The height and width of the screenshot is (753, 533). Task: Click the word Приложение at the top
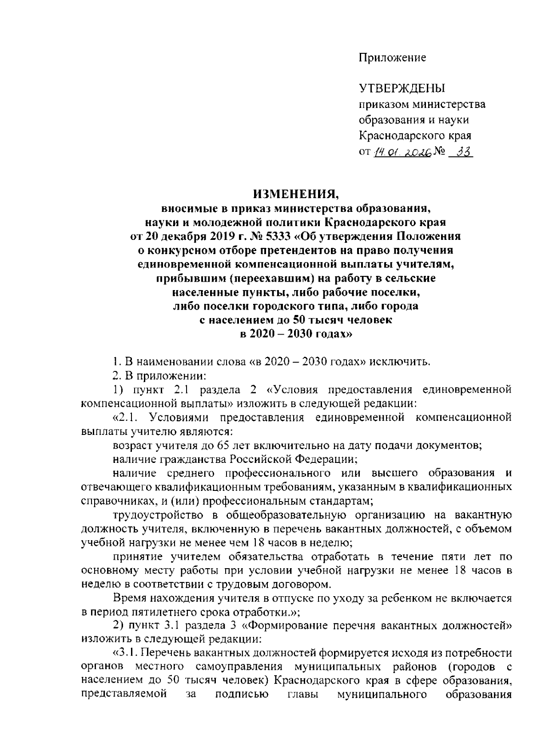click(392, 58)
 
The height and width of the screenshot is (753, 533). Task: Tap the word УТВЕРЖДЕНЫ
click(402, 88)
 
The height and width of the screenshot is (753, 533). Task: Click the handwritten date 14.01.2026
click(402, 153)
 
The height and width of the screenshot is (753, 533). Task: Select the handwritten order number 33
click(462, 152)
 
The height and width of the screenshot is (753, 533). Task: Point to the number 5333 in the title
click(275, 236)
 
